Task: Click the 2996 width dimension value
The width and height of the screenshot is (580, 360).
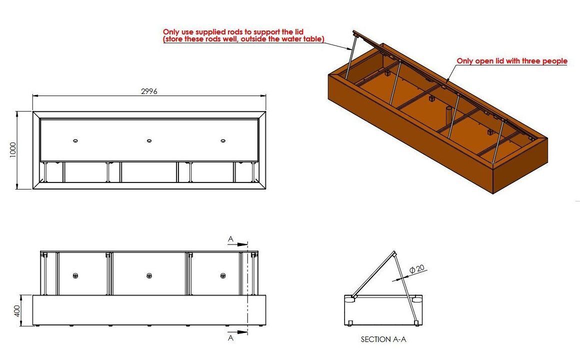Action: tap(149, 91)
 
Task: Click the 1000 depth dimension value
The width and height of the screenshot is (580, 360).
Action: tap(13, 150)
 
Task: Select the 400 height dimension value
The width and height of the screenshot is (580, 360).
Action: tap(17, 310)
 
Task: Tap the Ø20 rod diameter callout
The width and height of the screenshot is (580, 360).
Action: tap(417, 269)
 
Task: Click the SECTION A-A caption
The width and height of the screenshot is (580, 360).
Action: tap(383, 339)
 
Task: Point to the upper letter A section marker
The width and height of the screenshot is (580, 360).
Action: tap(231, 239)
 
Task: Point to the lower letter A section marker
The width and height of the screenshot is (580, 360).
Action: tap(231, 338)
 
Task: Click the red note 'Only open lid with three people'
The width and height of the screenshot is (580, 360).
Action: tap(512, 61)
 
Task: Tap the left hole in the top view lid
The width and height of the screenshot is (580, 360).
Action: tap(75, 140)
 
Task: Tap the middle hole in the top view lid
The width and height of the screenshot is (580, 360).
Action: tap(149, 140)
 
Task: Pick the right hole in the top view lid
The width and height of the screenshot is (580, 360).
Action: tap(222, 140)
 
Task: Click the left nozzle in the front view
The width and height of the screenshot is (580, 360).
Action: tap(75, 275)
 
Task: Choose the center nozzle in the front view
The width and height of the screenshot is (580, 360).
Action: tap(149, 275)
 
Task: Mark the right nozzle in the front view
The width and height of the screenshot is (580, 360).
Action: tap(222, 275)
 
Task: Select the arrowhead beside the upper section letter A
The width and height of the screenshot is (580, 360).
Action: tap(242, 244)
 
